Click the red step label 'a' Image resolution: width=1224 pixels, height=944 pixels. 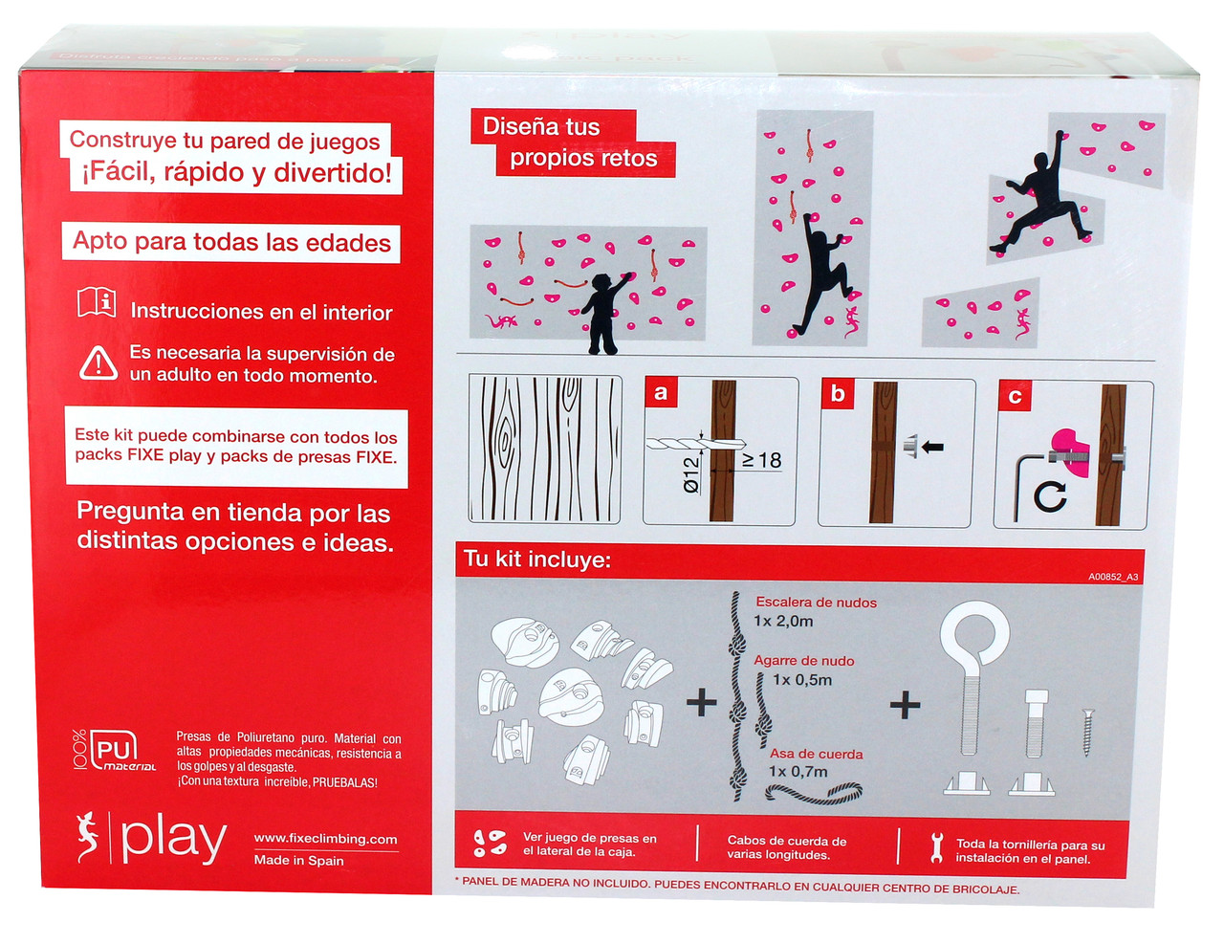[661, 392]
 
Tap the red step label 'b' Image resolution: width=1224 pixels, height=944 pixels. [839, 393]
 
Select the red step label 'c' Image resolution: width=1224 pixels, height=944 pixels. [1015, 396]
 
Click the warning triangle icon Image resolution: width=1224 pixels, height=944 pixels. [98, 363]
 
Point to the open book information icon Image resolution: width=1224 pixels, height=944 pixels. [97, 302]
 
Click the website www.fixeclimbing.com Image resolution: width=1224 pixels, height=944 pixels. [325, 839]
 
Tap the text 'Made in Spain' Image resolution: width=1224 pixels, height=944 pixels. [298, 861]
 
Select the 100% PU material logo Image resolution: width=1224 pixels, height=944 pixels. [115, 751]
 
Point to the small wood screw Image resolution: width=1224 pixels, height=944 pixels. [1086, 731]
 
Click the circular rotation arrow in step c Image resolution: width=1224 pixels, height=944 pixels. [1050, 495]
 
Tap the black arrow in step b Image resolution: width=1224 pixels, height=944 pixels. [932, 447]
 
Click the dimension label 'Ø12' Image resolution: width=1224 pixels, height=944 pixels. [691, 475]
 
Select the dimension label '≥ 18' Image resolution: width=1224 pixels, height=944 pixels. [762, 460]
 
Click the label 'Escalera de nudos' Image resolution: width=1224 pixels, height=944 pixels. [816, 603]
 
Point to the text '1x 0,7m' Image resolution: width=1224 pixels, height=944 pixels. [798, 772]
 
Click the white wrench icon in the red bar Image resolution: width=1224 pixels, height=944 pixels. [937, 847]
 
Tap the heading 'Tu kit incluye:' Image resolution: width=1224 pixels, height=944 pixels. [537, 560]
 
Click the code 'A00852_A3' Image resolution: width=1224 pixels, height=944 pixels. [1113, 577]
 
